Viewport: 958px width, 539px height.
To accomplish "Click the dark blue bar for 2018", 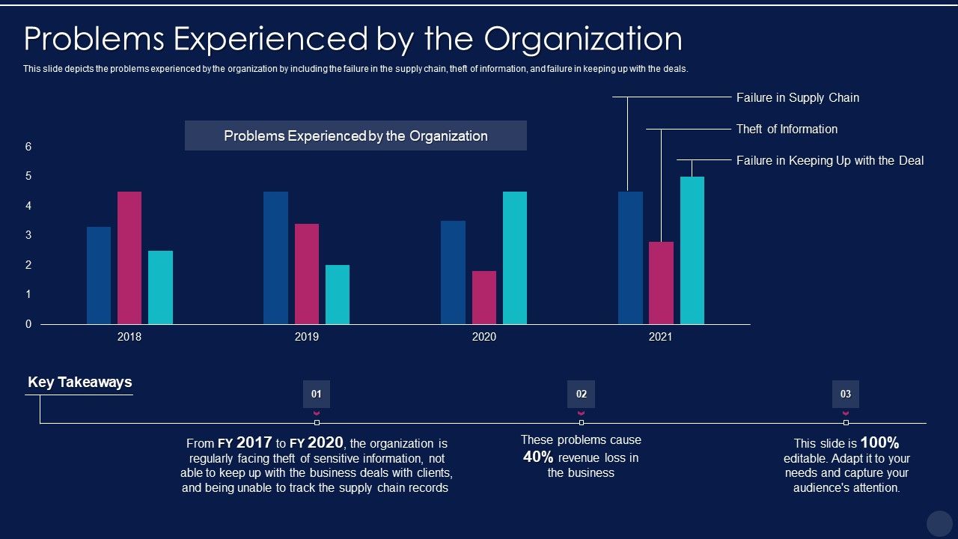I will [99, 275].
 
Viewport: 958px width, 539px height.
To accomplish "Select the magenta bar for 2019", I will [307, 274].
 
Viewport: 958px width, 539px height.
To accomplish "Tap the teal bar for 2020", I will [515, 258].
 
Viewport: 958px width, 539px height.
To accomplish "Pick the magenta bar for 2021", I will [661, 283].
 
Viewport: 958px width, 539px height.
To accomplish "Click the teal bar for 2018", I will [160, 287].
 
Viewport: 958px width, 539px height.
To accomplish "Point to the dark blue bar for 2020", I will [453, 272].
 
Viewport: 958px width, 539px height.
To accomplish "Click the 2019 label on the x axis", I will [307, 337].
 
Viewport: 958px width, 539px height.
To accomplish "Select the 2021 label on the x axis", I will [660, 337].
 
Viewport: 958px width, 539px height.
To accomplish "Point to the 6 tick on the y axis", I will [28, 147].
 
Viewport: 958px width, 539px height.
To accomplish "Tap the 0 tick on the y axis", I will [28, 324].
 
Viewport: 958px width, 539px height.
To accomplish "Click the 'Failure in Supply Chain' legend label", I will [797, 97].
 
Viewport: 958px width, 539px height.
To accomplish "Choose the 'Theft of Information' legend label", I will [787, 129].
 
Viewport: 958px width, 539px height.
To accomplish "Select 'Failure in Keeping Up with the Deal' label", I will [830, 160].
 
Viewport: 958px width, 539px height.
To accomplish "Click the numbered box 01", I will [317, 394].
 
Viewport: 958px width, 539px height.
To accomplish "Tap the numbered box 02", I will [582, 394].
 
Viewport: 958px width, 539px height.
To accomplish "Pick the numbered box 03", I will [846, 394].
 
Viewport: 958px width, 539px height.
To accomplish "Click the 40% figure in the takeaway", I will [537, 457].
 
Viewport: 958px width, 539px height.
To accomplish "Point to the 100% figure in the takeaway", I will [879, 442].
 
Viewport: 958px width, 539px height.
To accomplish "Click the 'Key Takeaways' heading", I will [79, 382].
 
